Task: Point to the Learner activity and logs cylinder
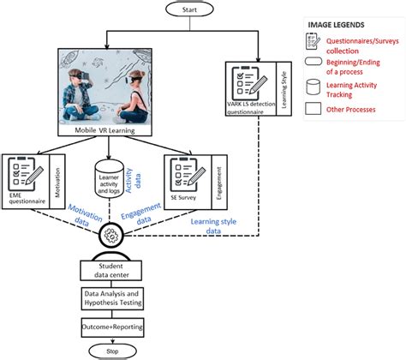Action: [x=105, y=175]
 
